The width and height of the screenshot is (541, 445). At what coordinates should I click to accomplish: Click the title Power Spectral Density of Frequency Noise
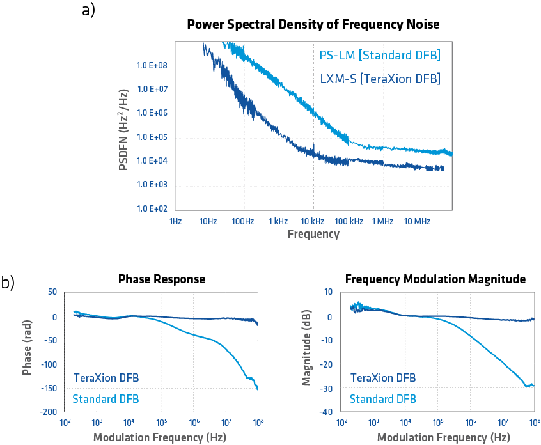[313, 25]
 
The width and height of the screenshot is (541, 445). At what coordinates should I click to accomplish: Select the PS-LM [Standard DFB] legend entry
[380, 56]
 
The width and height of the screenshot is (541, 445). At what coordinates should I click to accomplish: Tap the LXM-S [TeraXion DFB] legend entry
[380, 79]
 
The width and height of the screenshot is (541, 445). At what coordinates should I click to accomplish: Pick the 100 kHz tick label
[349, 221]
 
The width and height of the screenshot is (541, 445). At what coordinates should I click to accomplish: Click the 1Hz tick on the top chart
[176, 221]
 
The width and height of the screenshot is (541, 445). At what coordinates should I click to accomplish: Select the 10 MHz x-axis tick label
[417, 221]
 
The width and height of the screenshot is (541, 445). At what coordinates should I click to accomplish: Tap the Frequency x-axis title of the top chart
[313, 234]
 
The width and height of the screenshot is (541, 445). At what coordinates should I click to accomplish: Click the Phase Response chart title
[162, 279]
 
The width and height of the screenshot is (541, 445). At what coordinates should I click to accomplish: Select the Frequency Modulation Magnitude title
[435, 279]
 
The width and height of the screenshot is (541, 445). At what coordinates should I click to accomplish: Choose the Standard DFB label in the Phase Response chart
[106, 399]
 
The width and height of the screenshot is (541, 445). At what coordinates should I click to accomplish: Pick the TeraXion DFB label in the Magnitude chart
[382, 378]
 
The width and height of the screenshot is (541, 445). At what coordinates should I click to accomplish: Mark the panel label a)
[89, 10]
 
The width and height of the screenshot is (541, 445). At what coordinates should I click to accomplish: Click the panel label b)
[8, 283]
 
